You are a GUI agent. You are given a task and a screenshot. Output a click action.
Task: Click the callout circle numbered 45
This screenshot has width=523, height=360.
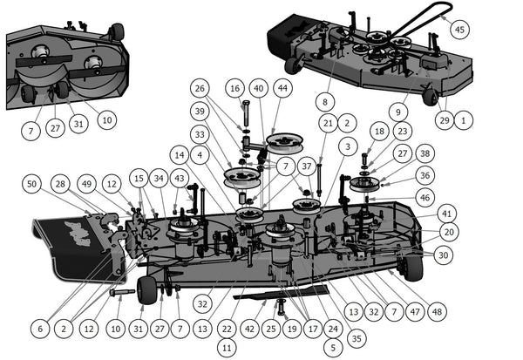click(x=459, y=28)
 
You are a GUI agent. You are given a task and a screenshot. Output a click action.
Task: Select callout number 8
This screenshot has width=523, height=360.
click(x=325, y=101)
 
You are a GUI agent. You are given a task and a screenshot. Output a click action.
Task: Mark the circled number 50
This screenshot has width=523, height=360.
click(x=32, y=184)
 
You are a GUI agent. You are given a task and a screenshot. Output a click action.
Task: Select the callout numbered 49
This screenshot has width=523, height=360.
click(x=85, y=184)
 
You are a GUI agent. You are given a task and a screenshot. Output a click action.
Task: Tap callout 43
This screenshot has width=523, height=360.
click(x=179, y=178)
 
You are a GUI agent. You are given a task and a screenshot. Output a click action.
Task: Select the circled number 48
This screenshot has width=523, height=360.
click(x=436, y=311)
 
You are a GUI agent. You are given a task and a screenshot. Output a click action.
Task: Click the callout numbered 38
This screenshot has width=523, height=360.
click(x=425, y=153)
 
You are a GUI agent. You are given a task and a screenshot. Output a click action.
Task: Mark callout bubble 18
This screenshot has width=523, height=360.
click(x=378, y=130)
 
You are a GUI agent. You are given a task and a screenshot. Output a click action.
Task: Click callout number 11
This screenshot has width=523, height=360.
click(x=226, y=347)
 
